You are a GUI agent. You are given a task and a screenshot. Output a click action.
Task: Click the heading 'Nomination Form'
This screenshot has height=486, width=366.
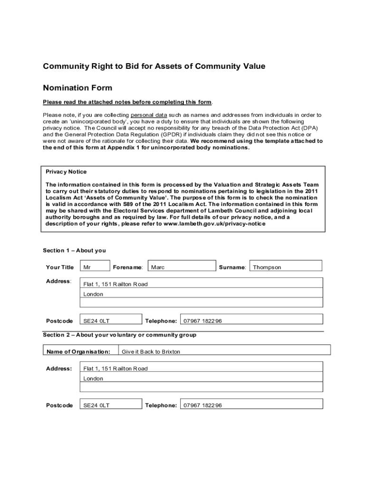pos(77,88)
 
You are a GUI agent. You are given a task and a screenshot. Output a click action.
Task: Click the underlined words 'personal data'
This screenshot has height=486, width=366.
pos(149,115)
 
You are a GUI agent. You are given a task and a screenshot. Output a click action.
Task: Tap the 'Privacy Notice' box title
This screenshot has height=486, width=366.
pos(66,172)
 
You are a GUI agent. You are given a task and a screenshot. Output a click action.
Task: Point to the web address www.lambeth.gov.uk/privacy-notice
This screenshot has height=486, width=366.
pos(214,224)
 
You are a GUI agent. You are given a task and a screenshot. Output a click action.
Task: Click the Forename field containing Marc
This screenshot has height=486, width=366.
pos(182,267)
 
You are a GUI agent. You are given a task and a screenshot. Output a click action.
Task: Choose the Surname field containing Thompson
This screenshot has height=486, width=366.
pos(286,267)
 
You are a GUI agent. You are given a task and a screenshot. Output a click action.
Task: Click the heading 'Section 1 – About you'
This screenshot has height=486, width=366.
pos(74,251)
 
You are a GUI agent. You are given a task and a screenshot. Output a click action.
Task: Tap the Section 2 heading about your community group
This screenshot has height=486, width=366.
pos(119,335)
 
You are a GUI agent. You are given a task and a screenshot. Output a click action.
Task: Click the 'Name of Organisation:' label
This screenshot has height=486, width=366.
pos(78,352)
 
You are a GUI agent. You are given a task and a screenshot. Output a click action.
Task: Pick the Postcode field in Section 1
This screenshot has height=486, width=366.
pos(111,321)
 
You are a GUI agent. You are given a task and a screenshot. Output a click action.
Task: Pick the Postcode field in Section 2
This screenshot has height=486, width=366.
pos(111,405)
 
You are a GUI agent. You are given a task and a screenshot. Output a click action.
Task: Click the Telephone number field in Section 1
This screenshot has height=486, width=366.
pos(251,321)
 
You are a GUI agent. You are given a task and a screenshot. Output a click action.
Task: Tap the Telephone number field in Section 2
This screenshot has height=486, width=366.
pos(251,405)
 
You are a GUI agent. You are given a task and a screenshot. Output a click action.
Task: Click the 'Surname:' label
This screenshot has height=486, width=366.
pos(232,267)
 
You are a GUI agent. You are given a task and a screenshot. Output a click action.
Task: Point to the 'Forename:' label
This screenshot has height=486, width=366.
pos(128,267)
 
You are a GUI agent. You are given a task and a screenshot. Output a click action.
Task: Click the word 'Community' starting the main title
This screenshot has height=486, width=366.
pos(63,66)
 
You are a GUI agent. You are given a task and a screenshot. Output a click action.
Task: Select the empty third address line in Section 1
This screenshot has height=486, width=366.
pos(202,303)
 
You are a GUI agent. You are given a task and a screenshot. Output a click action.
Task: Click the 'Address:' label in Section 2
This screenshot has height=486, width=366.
pos(59,368)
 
